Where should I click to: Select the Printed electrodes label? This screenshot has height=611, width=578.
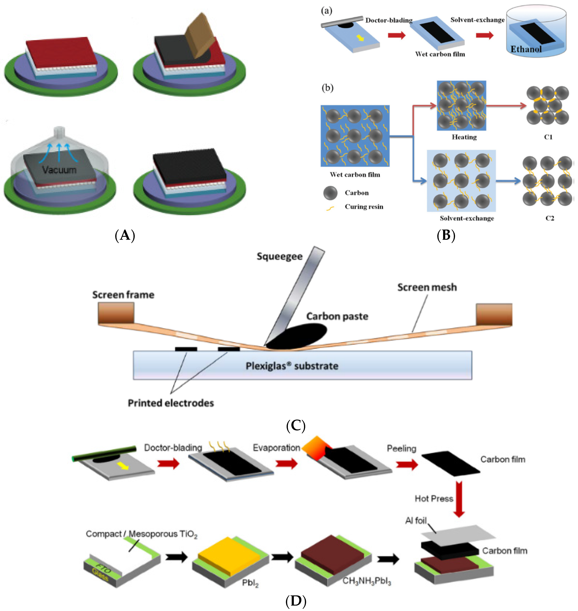[171, 403]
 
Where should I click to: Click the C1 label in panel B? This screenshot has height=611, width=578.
[548, 137]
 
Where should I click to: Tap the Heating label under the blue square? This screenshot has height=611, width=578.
[464, 137]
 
